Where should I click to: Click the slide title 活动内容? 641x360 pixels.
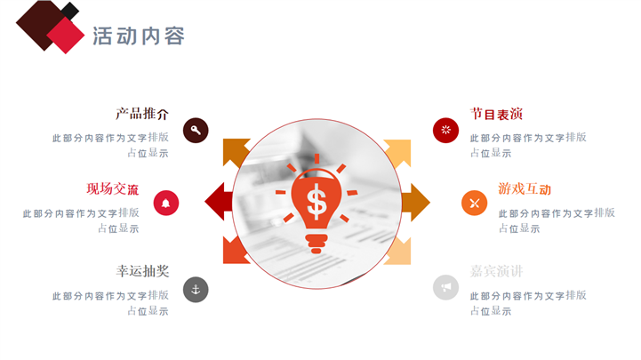click(139, 36)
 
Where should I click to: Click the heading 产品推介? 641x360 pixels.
click(141, 114)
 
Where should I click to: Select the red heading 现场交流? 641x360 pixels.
click(112, 188)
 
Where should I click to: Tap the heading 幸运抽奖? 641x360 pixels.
click(141, 271)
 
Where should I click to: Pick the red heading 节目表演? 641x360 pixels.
click(496, 114)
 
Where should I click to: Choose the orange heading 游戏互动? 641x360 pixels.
click(525, 188)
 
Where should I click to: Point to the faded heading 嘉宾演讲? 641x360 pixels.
click(496, 271)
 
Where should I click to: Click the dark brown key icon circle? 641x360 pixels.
click(196, 131)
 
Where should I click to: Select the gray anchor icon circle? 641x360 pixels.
click(196, 289)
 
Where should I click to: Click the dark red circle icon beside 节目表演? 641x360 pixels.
click(445, 130)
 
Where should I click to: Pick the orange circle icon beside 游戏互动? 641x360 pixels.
click(474, 203)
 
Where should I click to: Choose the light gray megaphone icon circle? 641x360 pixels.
click(445, 286)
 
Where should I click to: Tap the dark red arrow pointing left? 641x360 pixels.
click(218, 202)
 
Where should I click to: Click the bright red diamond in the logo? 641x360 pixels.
click(64, 36)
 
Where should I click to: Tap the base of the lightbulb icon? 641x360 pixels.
click(316, 242)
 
